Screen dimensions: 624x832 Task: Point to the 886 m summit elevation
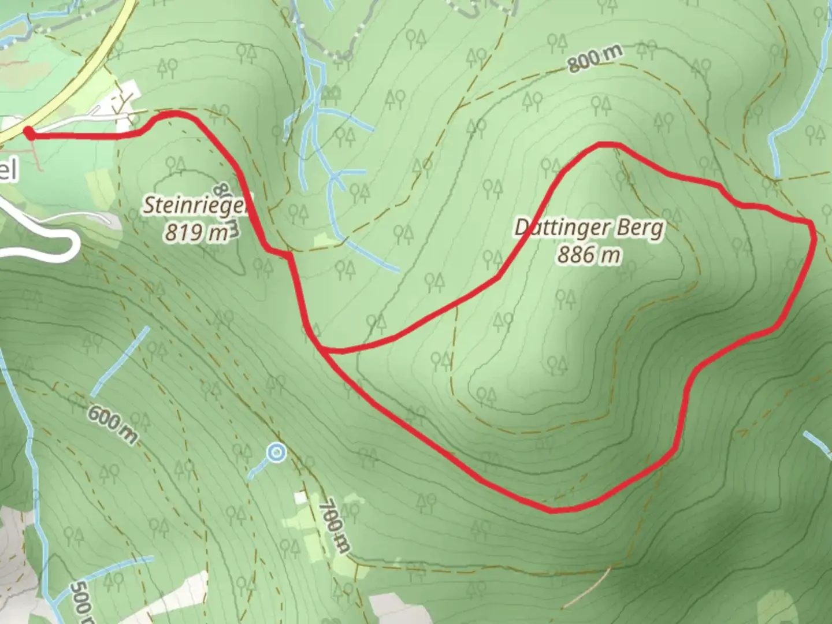click(589, 254)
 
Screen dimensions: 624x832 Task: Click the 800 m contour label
click(595, 58)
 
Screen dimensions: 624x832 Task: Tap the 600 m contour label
click(113, 424)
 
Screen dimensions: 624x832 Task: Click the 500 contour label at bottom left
click(81, 601)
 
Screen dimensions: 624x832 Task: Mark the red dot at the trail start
click(28, 133)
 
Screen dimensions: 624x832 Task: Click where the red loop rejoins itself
click(321, 350)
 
